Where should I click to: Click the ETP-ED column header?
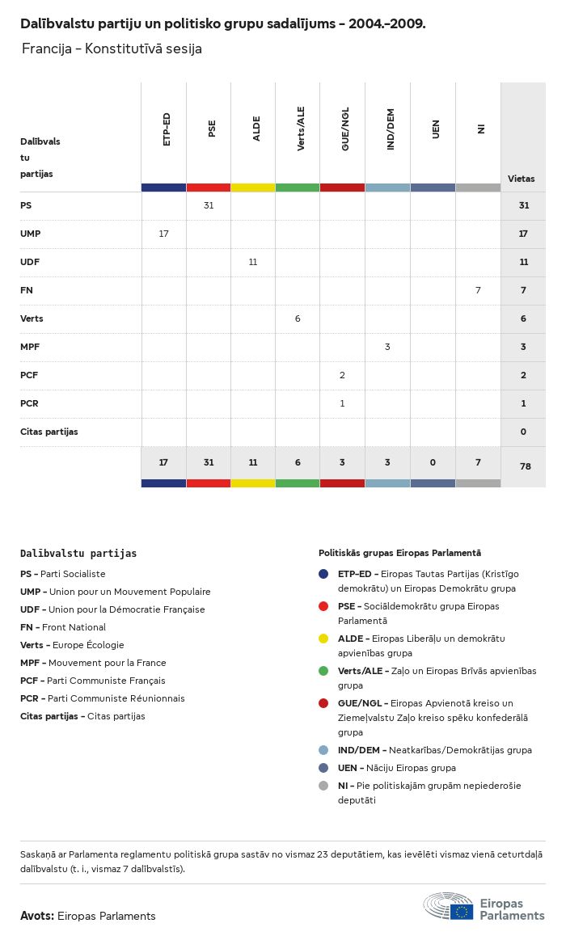coord(167,129)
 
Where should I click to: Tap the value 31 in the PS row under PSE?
coord(209,205)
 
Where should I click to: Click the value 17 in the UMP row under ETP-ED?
coord(164,234)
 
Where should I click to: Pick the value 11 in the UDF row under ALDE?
coord(253,262)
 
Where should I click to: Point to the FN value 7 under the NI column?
coord(478,290)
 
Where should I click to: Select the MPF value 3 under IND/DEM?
coord(387,347)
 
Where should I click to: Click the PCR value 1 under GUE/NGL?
coord(342,403)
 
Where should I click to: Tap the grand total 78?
coord(523,466)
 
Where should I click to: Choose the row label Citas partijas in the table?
coord(49,432)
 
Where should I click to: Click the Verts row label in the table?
coord(32,318)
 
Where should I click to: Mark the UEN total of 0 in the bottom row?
coord(433,462)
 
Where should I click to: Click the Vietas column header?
coord(521,179)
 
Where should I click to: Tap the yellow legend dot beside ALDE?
coord(323,639)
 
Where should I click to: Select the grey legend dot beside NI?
coord(323,786)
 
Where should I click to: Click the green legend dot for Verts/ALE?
coord(323,671)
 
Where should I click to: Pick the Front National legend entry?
coord(63,627)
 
